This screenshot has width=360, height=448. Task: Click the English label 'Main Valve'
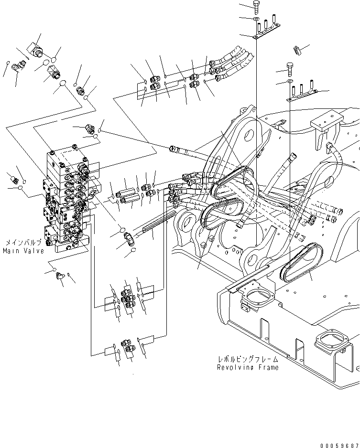[x=23, y=251]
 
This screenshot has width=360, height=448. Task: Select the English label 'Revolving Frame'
[x=248, y=367]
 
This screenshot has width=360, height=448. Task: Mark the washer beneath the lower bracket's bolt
[x=290, y=82]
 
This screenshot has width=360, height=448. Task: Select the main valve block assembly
[x=67, y=201]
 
